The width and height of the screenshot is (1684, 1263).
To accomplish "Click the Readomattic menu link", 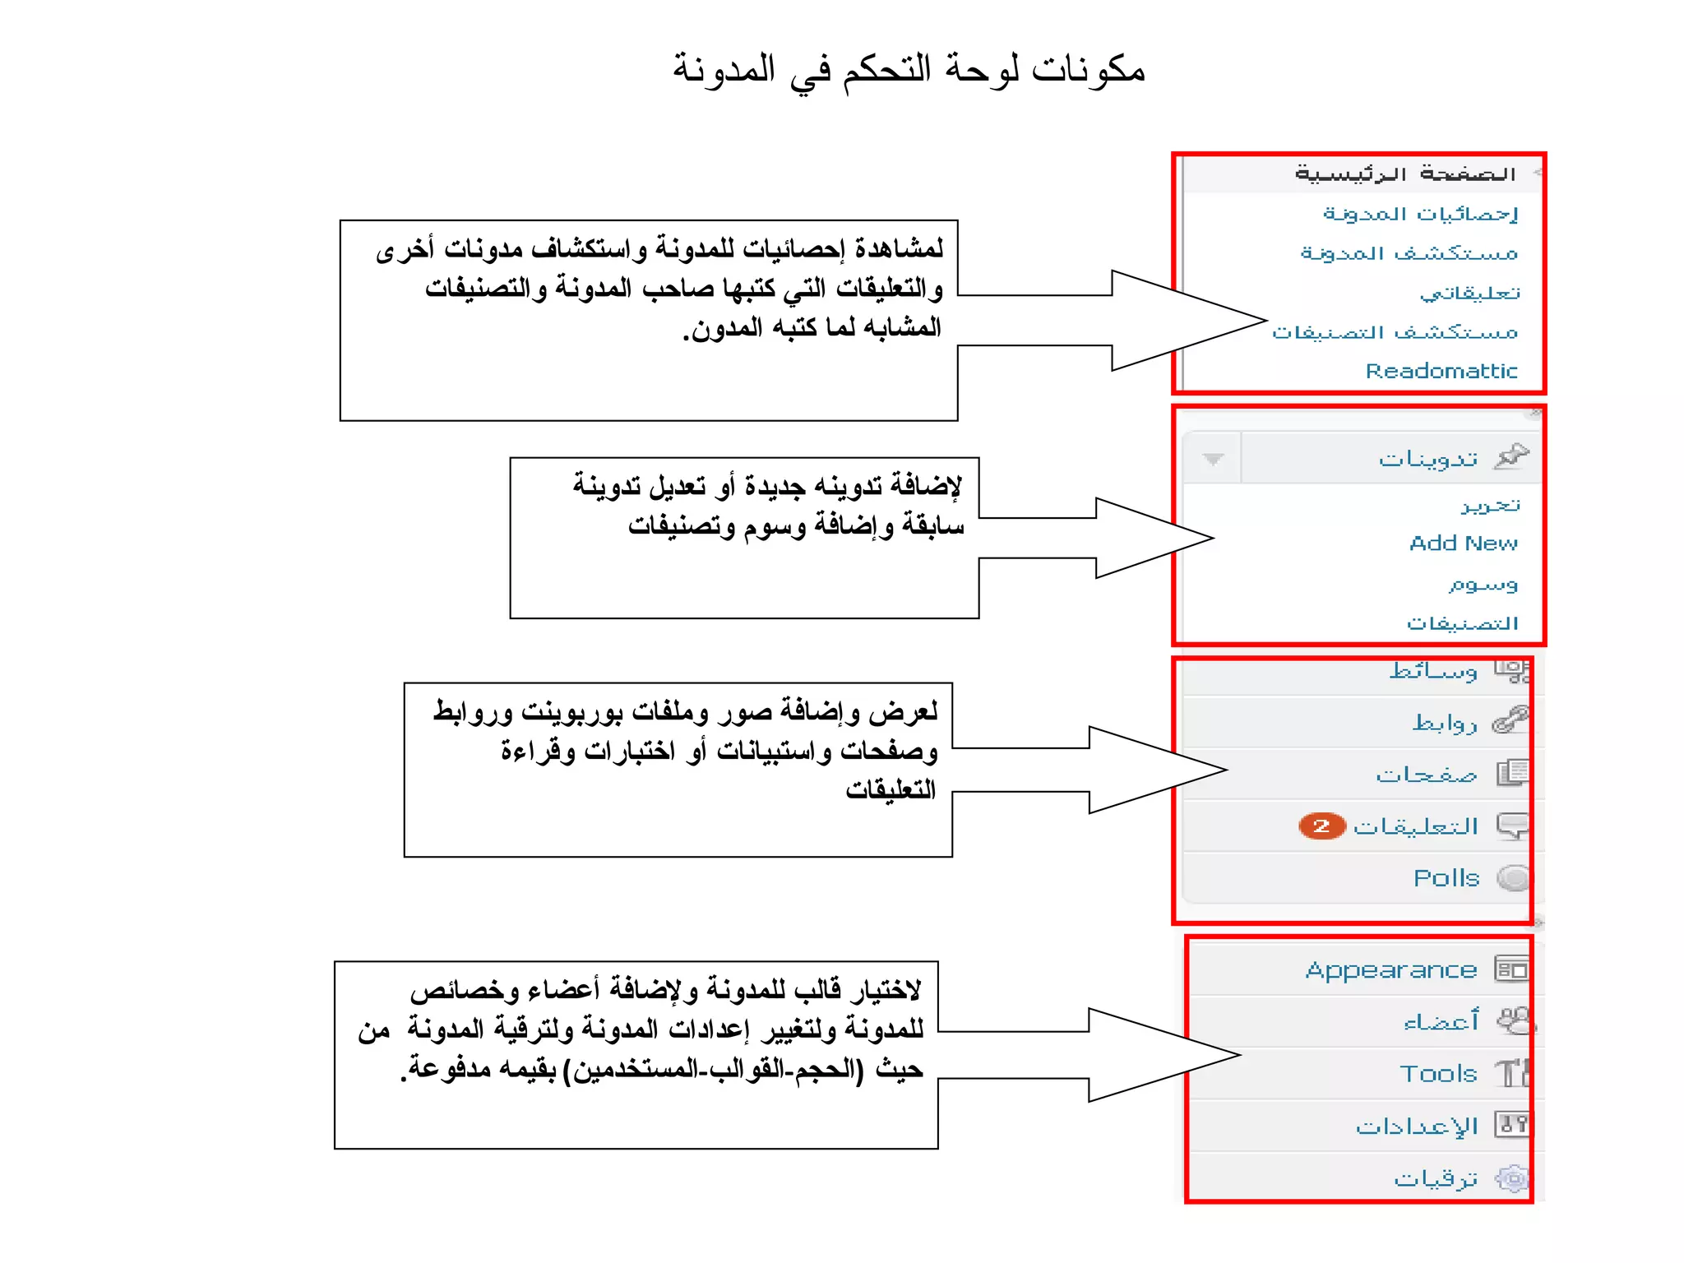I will click(x=1441, y=371).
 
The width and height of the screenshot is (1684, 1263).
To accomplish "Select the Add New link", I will click(x=1463, y=544).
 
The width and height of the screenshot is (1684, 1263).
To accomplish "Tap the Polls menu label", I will click(x=1446, y=878).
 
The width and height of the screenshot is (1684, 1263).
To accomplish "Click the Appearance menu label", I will click(x=1390, y=970).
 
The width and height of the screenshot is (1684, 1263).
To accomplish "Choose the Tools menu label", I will click(x=1438, y=1074).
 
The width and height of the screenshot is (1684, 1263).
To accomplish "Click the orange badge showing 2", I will click(x=1321, y=826).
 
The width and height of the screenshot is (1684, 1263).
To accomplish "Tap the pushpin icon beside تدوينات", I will click(x=1511, y=456).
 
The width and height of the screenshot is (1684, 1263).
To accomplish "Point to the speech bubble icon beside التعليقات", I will click(x=1511, y=825).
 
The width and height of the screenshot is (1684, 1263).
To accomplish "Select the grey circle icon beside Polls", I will click(x=1511, y=878).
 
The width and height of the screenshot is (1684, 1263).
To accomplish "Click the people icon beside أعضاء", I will click(x=1513, y=1021).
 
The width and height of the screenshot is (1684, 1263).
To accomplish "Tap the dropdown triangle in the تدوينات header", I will click(x=1213, y=459).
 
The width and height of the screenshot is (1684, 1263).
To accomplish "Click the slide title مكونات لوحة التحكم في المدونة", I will click(x=909, y=69).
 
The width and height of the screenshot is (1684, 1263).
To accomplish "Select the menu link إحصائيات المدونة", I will click(x=1420, y=214).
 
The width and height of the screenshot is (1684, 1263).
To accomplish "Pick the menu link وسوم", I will click(x=1483, y=585).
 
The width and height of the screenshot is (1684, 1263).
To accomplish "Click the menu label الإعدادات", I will click(x=1417, y=1126).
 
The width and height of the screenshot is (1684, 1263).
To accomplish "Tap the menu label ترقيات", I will click(x=1436, y=1179).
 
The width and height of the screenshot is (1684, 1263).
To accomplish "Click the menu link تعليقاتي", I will click(x=1469, y=293).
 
